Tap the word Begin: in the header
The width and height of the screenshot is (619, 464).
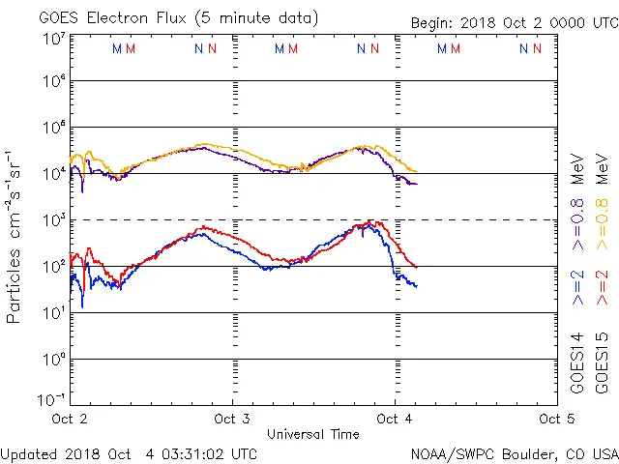[x=435, y=23]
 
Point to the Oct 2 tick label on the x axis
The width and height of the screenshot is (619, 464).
[x=70, y=419]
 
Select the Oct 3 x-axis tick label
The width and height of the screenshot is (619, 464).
[x=232, y=419]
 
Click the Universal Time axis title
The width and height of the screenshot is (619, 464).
[x=313, y=434]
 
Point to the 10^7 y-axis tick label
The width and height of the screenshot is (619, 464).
[x=52, y=39]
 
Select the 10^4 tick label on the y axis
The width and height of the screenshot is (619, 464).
[x=52, y=173]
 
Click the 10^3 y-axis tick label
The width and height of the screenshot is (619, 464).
[x=52, y=219]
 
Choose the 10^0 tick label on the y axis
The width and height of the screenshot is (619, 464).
[x=52, y=359]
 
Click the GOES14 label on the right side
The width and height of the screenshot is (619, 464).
[x=577, y=363]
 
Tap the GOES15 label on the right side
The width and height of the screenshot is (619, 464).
[x=604, y=363]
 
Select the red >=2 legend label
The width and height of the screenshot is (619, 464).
[x=604, y=288]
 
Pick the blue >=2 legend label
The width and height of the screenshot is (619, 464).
[x=577, y=288]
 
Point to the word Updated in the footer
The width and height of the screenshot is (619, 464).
[x=27, y=452]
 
